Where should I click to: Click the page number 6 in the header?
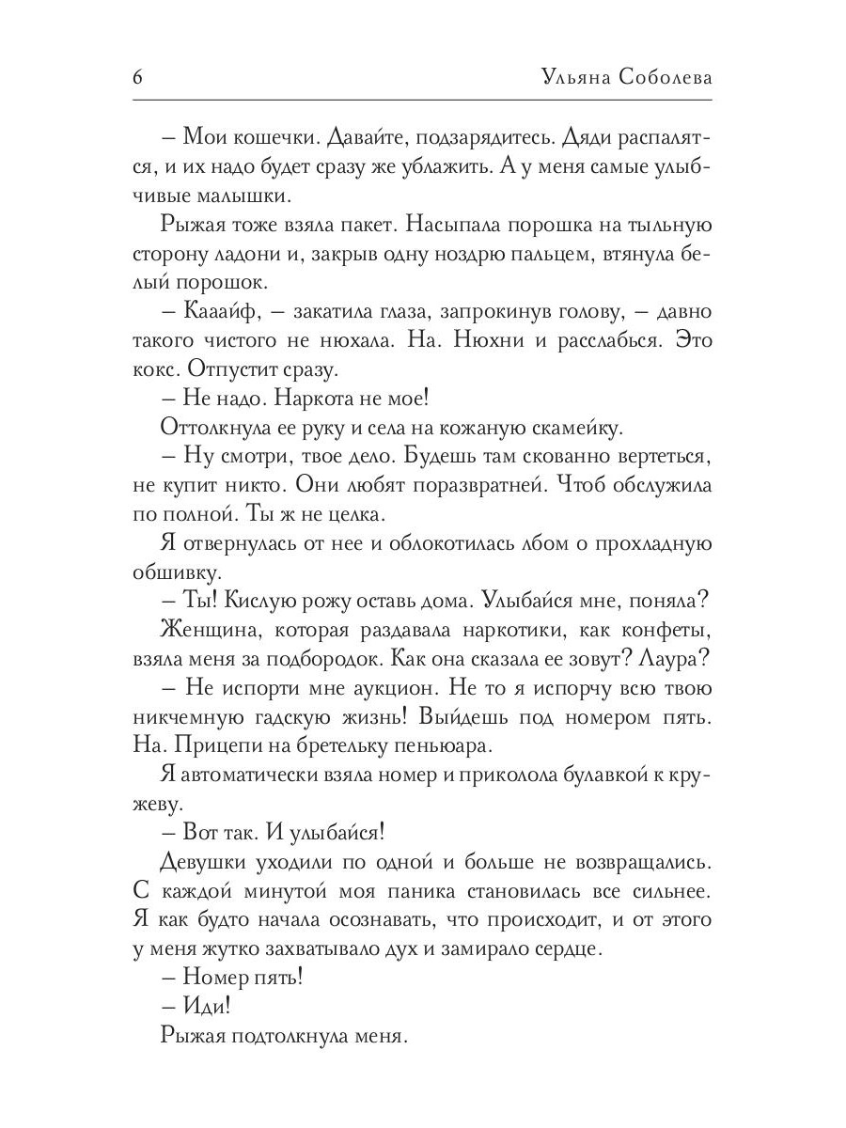tap(137, 77)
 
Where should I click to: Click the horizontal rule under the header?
tap(423, 101)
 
